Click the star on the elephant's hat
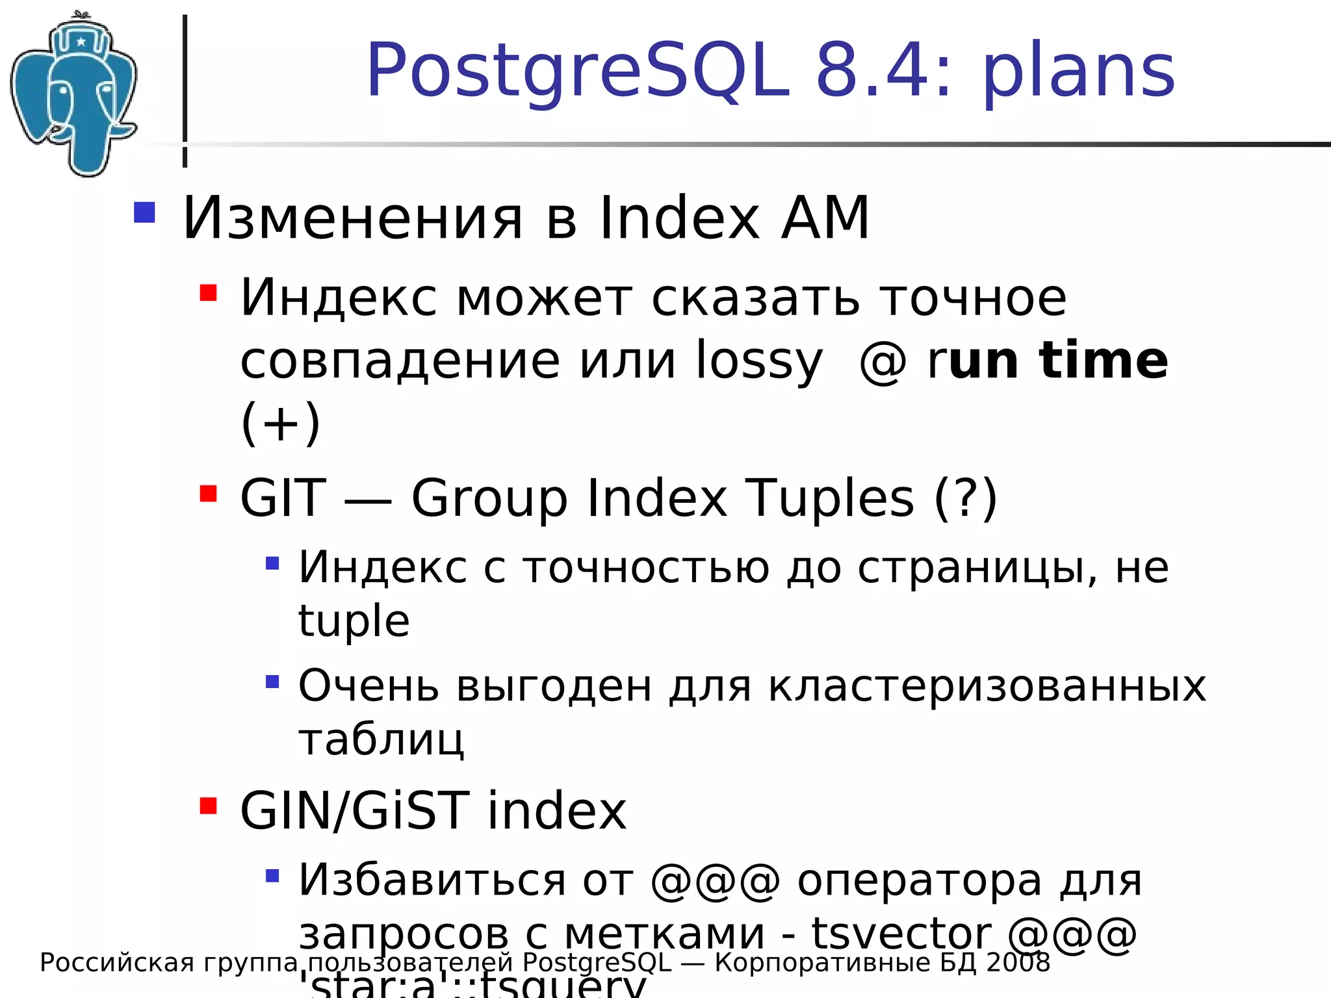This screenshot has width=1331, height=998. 81,42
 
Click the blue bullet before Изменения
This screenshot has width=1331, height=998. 144,213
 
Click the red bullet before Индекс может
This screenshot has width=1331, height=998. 208,293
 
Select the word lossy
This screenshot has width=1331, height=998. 759,361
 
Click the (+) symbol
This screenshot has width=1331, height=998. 281,422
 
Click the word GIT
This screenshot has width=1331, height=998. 283,498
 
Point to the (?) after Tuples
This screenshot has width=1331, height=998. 965,498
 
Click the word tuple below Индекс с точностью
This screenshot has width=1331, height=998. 354,621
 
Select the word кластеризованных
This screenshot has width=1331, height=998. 987,685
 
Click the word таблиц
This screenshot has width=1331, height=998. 381,739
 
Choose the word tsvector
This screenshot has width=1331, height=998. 901,933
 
